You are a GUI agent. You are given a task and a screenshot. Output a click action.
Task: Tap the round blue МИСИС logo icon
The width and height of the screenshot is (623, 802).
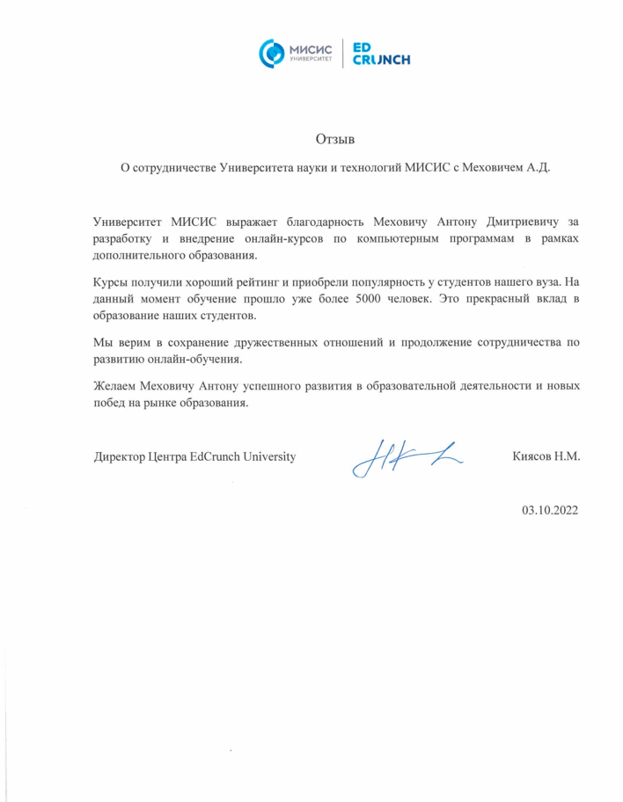271,53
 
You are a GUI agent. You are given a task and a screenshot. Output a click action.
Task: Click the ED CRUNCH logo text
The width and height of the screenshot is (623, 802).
380,53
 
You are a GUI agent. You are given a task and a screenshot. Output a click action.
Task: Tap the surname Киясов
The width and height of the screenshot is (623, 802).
531,456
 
